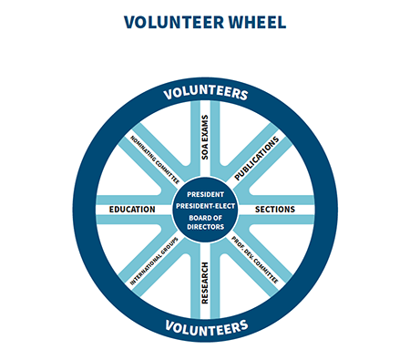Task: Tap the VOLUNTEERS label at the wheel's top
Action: tap(205, 94)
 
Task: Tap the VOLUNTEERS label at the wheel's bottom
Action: tap(205, 325)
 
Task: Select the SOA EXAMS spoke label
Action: tap(205, 138)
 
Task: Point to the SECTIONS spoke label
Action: tap(274, 210)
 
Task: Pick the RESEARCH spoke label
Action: tap(205, 283)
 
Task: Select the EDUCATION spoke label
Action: tap(132, 210)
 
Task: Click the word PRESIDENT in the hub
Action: tap(205, 194)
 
